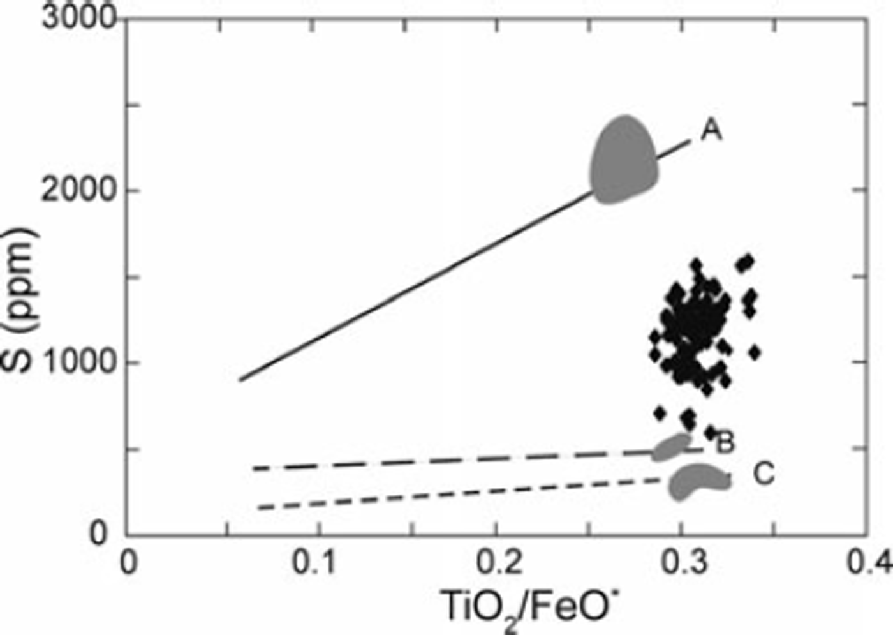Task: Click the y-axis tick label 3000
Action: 80,18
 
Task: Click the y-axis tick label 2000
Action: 80,190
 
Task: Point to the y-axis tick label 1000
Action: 80,362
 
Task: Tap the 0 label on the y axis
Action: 99,534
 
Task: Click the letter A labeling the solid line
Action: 711,131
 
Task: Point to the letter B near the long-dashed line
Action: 725,442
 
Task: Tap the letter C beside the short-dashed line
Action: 764,474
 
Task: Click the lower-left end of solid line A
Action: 240,380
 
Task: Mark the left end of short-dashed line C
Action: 258,508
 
